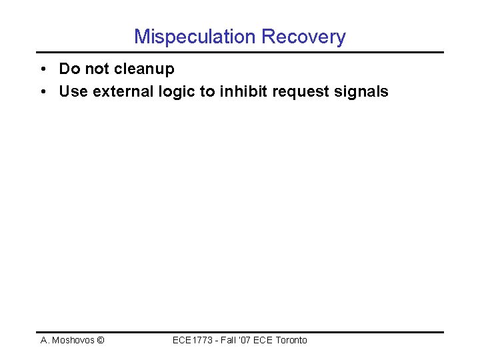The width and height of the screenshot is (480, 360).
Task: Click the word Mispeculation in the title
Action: [190, 36]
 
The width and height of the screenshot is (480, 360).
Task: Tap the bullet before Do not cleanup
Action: [42, 69]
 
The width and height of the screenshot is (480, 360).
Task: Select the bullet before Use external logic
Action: [42, 92]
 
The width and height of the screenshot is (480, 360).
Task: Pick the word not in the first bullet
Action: [97, 69]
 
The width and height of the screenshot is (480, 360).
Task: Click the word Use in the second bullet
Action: [73, 92]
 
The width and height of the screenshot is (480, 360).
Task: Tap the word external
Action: [121, 92]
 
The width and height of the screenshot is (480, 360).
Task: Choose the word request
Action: [299, 92]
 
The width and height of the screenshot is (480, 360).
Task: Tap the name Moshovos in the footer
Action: [73, 340]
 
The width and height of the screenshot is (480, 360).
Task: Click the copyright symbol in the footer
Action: [100, 340]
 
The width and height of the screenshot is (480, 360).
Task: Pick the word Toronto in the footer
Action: [291, 340]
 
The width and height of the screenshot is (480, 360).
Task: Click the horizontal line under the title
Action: [239, 52]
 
